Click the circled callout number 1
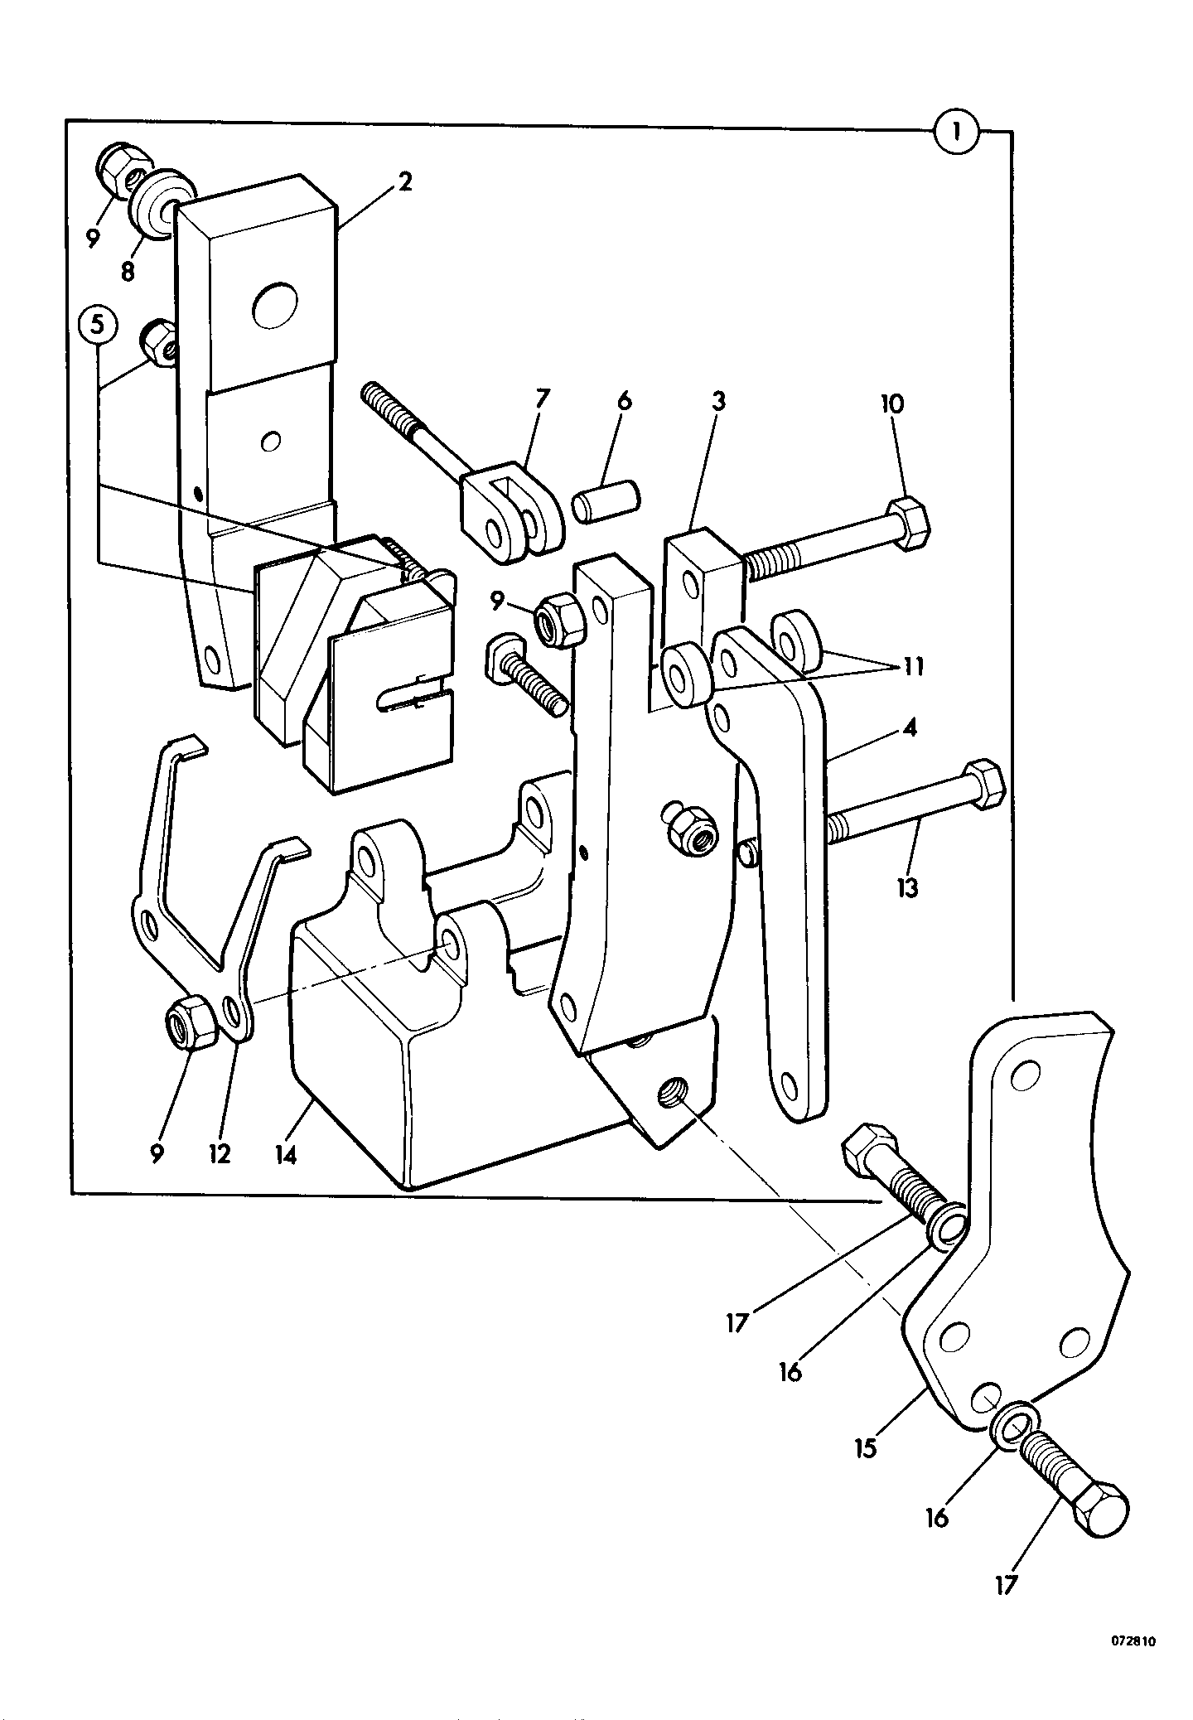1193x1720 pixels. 956,131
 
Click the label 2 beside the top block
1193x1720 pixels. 404,182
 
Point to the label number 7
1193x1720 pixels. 542,399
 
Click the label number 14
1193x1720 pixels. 286,1153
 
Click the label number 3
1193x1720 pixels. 717,402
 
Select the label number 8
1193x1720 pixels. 128,271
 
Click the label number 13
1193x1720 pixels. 908,889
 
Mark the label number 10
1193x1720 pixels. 893,404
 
